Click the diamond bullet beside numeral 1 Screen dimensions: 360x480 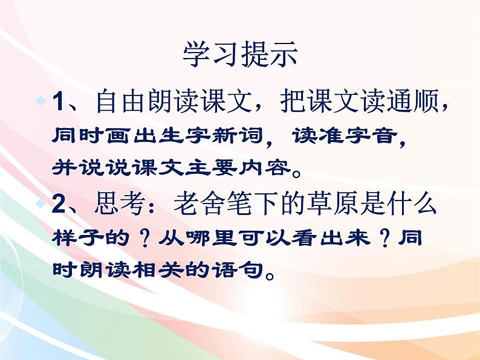(x=41, y=98)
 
